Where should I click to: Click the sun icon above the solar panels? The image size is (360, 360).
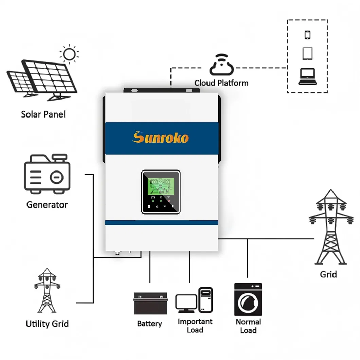[70, 54]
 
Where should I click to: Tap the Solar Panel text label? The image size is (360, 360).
[43, 114]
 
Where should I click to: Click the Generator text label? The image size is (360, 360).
[47, 205]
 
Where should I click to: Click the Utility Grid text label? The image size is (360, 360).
[47, 324]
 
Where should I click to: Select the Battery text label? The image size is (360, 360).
[149, 324]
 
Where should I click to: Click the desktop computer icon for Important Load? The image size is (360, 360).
[194, 300]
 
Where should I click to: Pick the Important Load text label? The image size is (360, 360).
[195, 326]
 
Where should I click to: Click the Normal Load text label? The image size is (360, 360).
[248, 326]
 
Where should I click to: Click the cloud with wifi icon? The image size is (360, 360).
[221, 65]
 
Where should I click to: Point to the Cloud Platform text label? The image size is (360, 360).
[221, 83]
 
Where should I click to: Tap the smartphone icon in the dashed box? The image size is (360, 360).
[308, 35]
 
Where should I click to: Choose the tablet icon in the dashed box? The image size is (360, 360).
[307, 53]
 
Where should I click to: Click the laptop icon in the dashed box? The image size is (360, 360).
[307, 77]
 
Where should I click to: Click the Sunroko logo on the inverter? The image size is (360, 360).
[160, 138]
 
